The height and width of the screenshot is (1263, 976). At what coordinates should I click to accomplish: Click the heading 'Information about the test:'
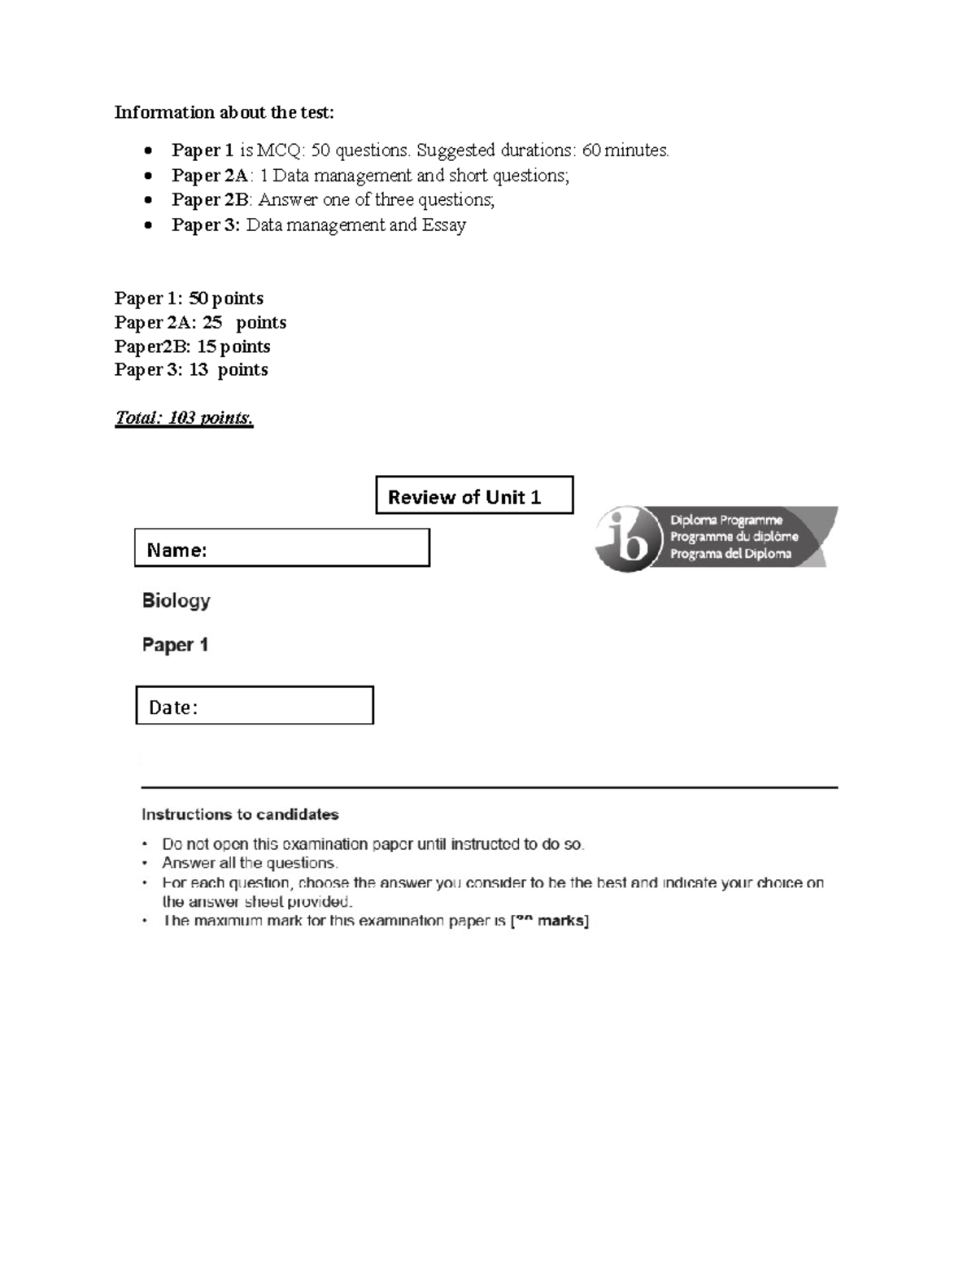pos(224,112)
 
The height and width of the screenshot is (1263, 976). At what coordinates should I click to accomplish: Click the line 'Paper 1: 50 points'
pos(189,298)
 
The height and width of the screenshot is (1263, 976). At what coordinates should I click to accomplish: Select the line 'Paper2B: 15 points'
pos(192,346)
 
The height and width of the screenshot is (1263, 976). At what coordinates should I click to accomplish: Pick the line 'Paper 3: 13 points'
pos(191,370)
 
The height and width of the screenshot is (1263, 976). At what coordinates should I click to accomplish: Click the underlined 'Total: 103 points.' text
pos(184,418)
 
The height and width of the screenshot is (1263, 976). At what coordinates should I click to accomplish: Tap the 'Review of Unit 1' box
pos(474,495)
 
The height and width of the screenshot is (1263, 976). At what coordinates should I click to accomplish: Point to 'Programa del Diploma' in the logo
pos(730,554)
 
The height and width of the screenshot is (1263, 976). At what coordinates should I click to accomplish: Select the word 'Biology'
pos(176,601)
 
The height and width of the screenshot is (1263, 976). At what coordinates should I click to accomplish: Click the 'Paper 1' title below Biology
pos(175,645)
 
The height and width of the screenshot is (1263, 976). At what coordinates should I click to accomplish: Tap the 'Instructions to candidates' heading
pos(240,814)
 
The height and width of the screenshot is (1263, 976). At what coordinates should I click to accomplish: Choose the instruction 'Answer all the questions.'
pos(250,863)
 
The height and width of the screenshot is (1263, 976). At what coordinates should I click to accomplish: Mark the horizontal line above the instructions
pos(489,787)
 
